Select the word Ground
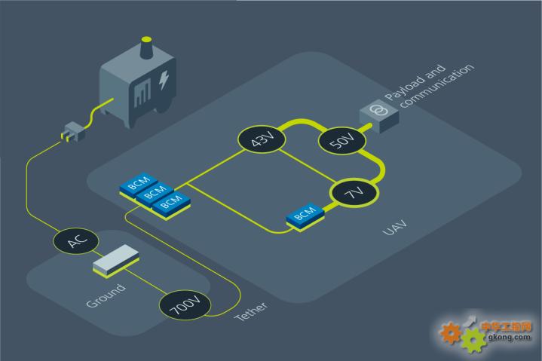106,295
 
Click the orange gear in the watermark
451,332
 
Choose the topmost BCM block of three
139,183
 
